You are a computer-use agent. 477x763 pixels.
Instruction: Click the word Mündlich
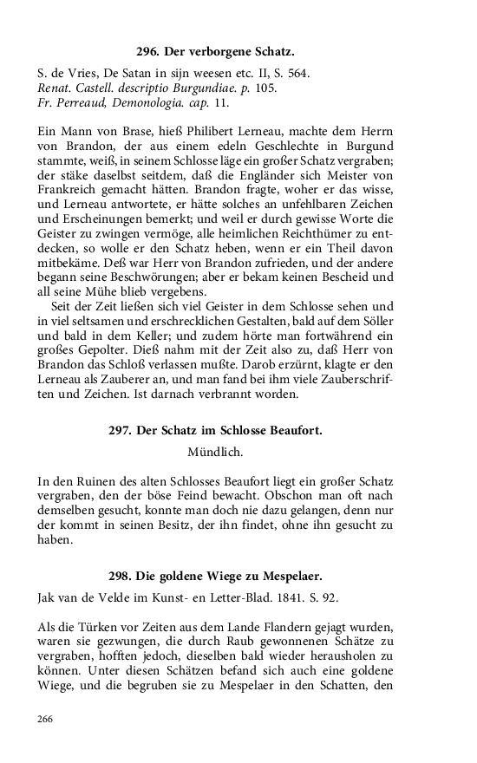(215, 451)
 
